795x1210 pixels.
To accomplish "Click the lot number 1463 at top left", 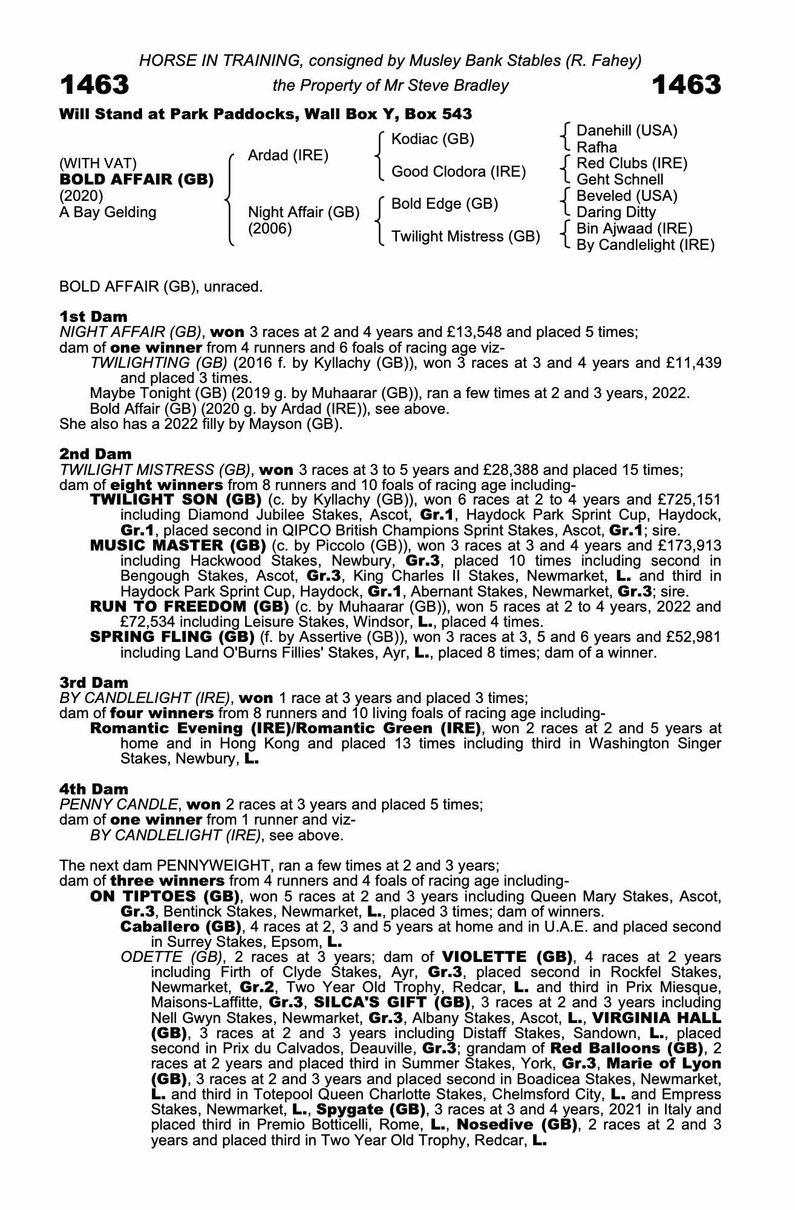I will pos(94,85).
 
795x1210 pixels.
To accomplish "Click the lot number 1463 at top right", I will pos(687,85).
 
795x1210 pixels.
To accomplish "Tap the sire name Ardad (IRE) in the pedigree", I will pos(288,155).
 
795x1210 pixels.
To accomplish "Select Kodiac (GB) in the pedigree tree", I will pos(433,139).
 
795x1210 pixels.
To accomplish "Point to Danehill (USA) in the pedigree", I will pos(627,131).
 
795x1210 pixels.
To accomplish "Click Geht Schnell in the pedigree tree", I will pos(620,180).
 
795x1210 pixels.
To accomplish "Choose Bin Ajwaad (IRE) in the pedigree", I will pos(634,229).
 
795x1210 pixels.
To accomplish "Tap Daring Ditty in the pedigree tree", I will pos(616,212).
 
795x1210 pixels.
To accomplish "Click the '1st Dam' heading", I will pos(94,316).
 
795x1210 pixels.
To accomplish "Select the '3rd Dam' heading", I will pos(94,683).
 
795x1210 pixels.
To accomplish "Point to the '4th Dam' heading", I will pos(94,789).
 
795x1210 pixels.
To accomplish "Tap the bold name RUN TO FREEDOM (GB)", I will pos(189,606).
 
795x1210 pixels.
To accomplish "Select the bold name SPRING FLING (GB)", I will pos(172,637).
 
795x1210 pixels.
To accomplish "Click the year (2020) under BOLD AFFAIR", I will pos(81,196).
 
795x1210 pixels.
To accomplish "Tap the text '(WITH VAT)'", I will pos(98,164).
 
